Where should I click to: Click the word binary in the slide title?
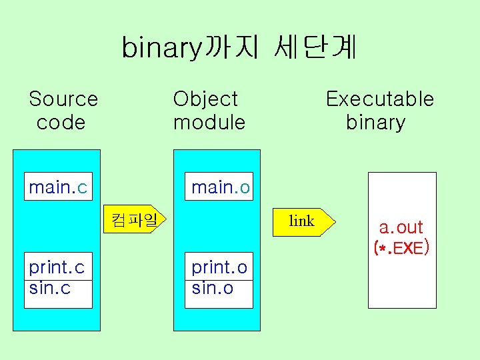click(161, 48)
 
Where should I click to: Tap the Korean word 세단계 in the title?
click(315, 47)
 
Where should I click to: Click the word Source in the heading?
click(63, 99)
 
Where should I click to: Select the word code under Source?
click(61, 123)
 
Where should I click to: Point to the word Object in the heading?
click(205, 99)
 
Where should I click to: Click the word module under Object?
click(209, 123)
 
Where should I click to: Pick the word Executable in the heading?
click(379, 99)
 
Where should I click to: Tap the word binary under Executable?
click(375, 123)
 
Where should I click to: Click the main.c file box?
click(58, 187)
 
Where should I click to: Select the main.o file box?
click(220, 187)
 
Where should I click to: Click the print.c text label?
click(57, 267)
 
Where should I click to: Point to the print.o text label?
click(219, 267)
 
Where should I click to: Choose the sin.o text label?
click(212, 288)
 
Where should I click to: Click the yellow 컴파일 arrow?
click(137, 219)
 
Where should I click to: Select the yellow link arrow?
click(304, 221)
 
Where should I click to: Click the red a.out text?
click(401, 227)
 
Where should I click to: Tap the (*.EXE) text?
click(401, 249)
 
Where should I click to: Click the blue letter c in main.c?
click(82, 188)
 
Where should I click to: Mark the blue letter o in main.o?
click(245, 188)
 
